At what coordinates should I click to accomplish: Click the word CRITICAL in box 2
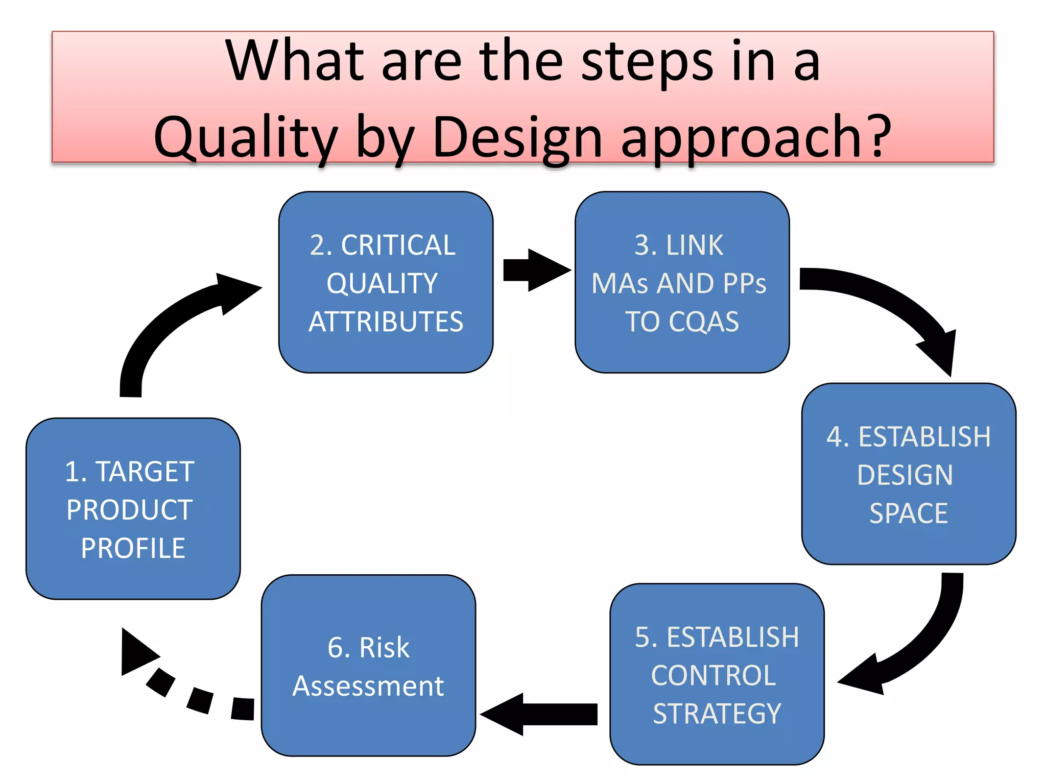[x=398, y=246]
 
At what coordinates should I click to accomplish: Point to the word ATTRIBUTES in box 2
[x=386, y=322]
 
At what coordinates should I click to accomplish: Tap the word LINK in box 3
[x=694, y=246]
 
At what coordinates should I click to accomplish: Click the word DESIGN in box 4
[x=905, y=475]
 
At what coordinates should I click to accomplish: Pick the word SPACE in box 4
[x=908, y=513]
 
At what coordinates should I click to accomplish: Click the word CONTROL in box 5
[x=714, y=676]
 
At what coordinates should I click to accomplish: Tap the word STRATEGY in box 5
[x=717, y=714]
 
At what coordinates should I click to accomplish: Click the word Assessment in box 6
[x=368, y=686]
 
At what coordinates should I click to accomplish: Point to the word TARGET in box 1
[x=145, y=472]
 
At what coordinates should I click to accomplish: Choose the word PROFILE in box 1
[x=133, y=548]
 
